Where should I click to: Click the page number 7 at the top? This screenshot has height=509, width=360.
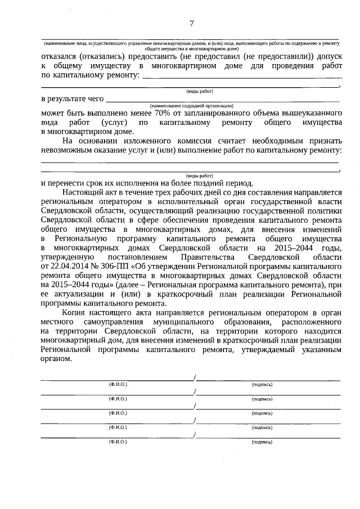pyautogui.click(x=192, y=23)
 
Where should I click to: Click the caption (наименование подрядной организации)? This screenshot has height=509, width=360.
pyautogui.click(x=191, y=105)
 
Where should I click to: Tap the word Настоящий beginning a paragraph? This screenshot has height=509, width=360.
pyautogui.click(x=83, y=192)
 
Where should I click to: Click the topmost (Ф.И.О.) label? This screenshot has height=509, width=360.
pyautogui.click(x=118, y=385)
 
